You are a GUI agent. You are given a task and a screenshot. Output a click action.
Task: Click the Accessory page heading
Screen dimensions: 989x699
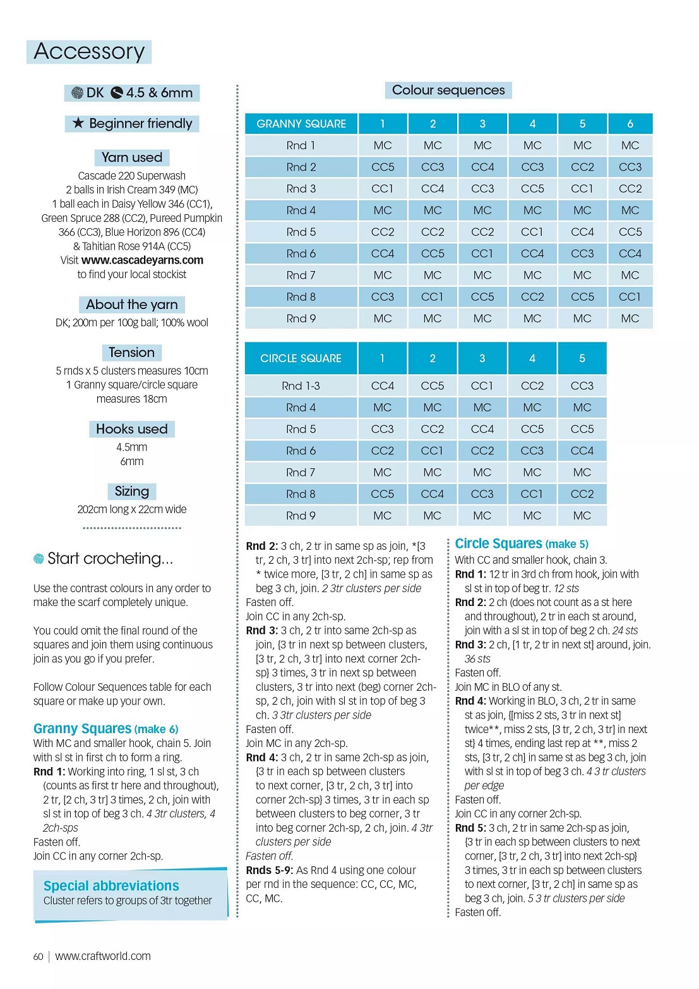pyautogui.click(x=89, y=51)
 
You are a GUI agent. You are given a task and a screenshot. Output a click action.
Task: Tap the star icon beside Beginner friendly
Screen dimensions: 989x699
pyautogui.click(x=78, y=123)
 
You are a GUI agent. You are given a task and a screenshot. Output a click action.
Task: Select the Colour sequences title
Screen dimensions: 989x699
pyautogui.click(x=448, y=90)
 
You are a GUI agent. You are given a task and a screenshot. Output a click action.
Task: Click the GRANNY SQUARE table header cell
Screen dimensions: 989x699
pyautogui.click(x=301, y=124)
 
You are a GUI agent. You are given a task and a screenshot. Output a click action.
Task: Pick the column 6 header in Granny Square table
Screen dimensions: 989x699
pyautogui.click(x=630, y=124)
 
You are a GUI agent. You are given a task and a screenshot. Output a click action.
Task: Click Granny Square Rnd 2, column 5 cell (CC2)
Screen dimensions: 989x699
pyautogui.click(x=582, y=167)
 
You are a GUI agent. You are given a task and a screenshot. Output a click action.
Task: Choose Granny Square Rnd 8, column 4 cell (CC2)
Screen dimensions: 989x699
pyautogui.click(x=532, y=297)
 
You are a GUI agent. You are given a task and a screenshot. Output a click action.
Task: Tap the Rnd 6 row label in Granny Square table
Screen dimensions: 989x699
pyautogui.click(x=301, y=253)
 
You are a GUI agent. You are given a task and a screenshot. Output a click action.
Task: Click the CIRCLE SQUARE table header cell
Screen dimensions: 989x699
pyautogui.click(x=301, y=358)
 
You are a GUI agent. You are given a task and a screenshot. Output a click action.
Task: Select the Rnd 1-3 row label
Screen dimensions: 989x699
pyautogui.click(x=301, y=385)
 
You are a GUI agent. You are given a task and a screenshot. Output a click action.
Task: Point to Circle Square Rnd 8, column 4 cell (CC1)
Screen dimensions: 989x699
pyautogui.click(x=532, y=494)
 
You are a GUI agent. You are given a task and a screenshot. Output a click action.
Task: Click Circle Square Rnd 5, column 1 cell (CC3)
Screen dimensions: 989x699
pyautogui.click(x=382, y=429)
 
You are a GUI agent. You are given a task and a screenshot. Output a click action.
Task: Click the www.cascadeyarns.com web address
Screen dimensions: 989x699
pyautogui.click(x=142, y=260)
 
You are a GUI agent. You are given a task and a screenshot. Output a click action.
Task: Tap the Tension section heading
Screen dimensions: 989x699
pyautogui.click(x=131, y=353)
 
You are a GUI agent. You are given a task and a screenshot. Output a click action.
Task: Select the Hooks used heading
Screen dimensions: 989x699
pyautogui.click(x=131, y=429)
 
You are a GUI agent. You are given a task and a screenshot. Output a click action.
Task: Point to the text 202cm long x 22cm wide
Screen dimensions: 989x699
pyautogui.click(x=131, y=509)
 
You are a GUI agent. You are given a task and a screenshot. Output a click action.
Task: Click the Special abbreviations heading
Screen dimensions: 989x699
pyautogui.click(x=111, y=885)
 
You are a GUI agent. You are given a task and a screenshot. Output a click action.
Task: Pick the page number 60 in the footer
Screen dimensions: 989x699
pyautogui.click(x=39, y=957)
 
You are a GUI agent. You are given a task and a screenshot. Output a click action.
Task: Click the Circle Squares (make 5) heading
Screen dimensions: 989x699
pyautogui.click(x=522, y=543)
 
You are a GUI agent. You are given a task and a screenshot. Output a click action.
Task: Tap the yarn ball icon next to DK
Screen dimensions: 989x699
pyautogui.click(x=77, y=93)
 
